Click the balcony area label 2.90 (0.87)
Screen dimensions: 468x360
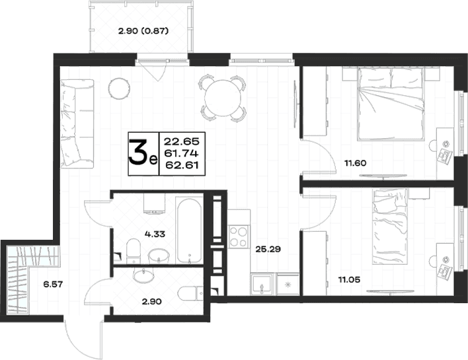143,31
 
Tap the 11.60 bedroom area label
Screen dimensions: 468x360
355,163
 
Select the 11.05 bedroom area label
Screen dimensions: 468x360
349,280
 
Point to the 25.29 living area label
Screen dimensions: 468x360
268,249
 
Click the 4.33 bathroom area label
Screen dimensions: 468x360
155,234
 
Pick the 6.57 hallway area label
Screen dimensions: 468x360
53,284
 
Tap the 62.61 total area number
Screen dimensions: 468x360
182,165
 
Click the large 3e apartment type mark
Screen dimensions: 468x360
143,154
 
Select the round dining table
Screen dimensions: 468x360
223,98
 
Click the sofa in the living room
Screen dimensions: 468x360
77,123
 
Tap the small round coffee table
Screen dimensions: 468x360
119,89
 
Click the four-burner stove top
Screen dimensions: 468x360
239,236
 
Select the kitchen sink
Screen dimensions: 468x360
262,284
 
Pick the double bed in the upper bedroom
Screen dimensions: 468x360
391,103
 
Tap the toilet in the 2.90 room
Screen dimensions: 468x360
191,295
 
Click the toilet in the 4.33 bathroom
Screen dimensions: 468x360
134,251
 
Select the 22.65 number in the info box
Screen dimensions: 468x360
182,141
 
